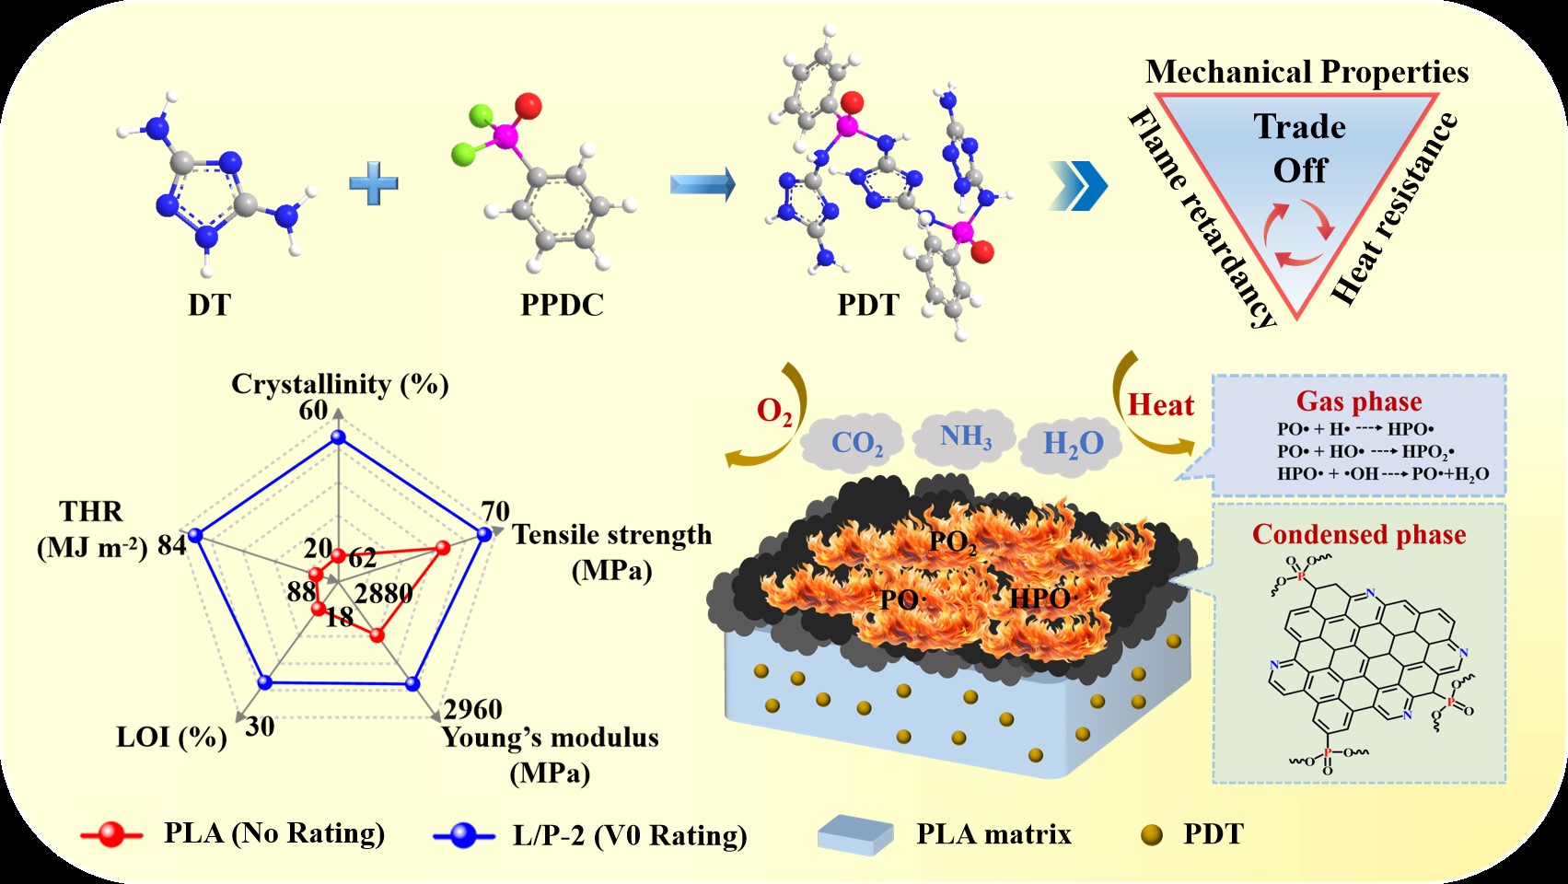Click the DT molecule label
[209, 305]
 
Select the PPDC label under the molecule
[562, 305]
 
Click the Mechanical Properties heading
[1307, 72]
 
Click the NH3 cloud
[965, 436]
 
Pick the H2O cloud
[1073, 444]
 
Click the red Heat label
[1160, 405]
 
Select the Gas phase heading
[1359, 401]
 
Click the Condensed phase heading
[1359, 534]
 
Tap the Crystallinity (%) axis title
[340, 384]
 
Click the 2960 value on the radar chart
[473, 709]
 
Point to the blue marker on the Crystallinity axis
[338, 439]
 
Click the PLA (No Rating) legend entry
[273, 833]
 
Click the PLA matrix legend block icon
[854, 834]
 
